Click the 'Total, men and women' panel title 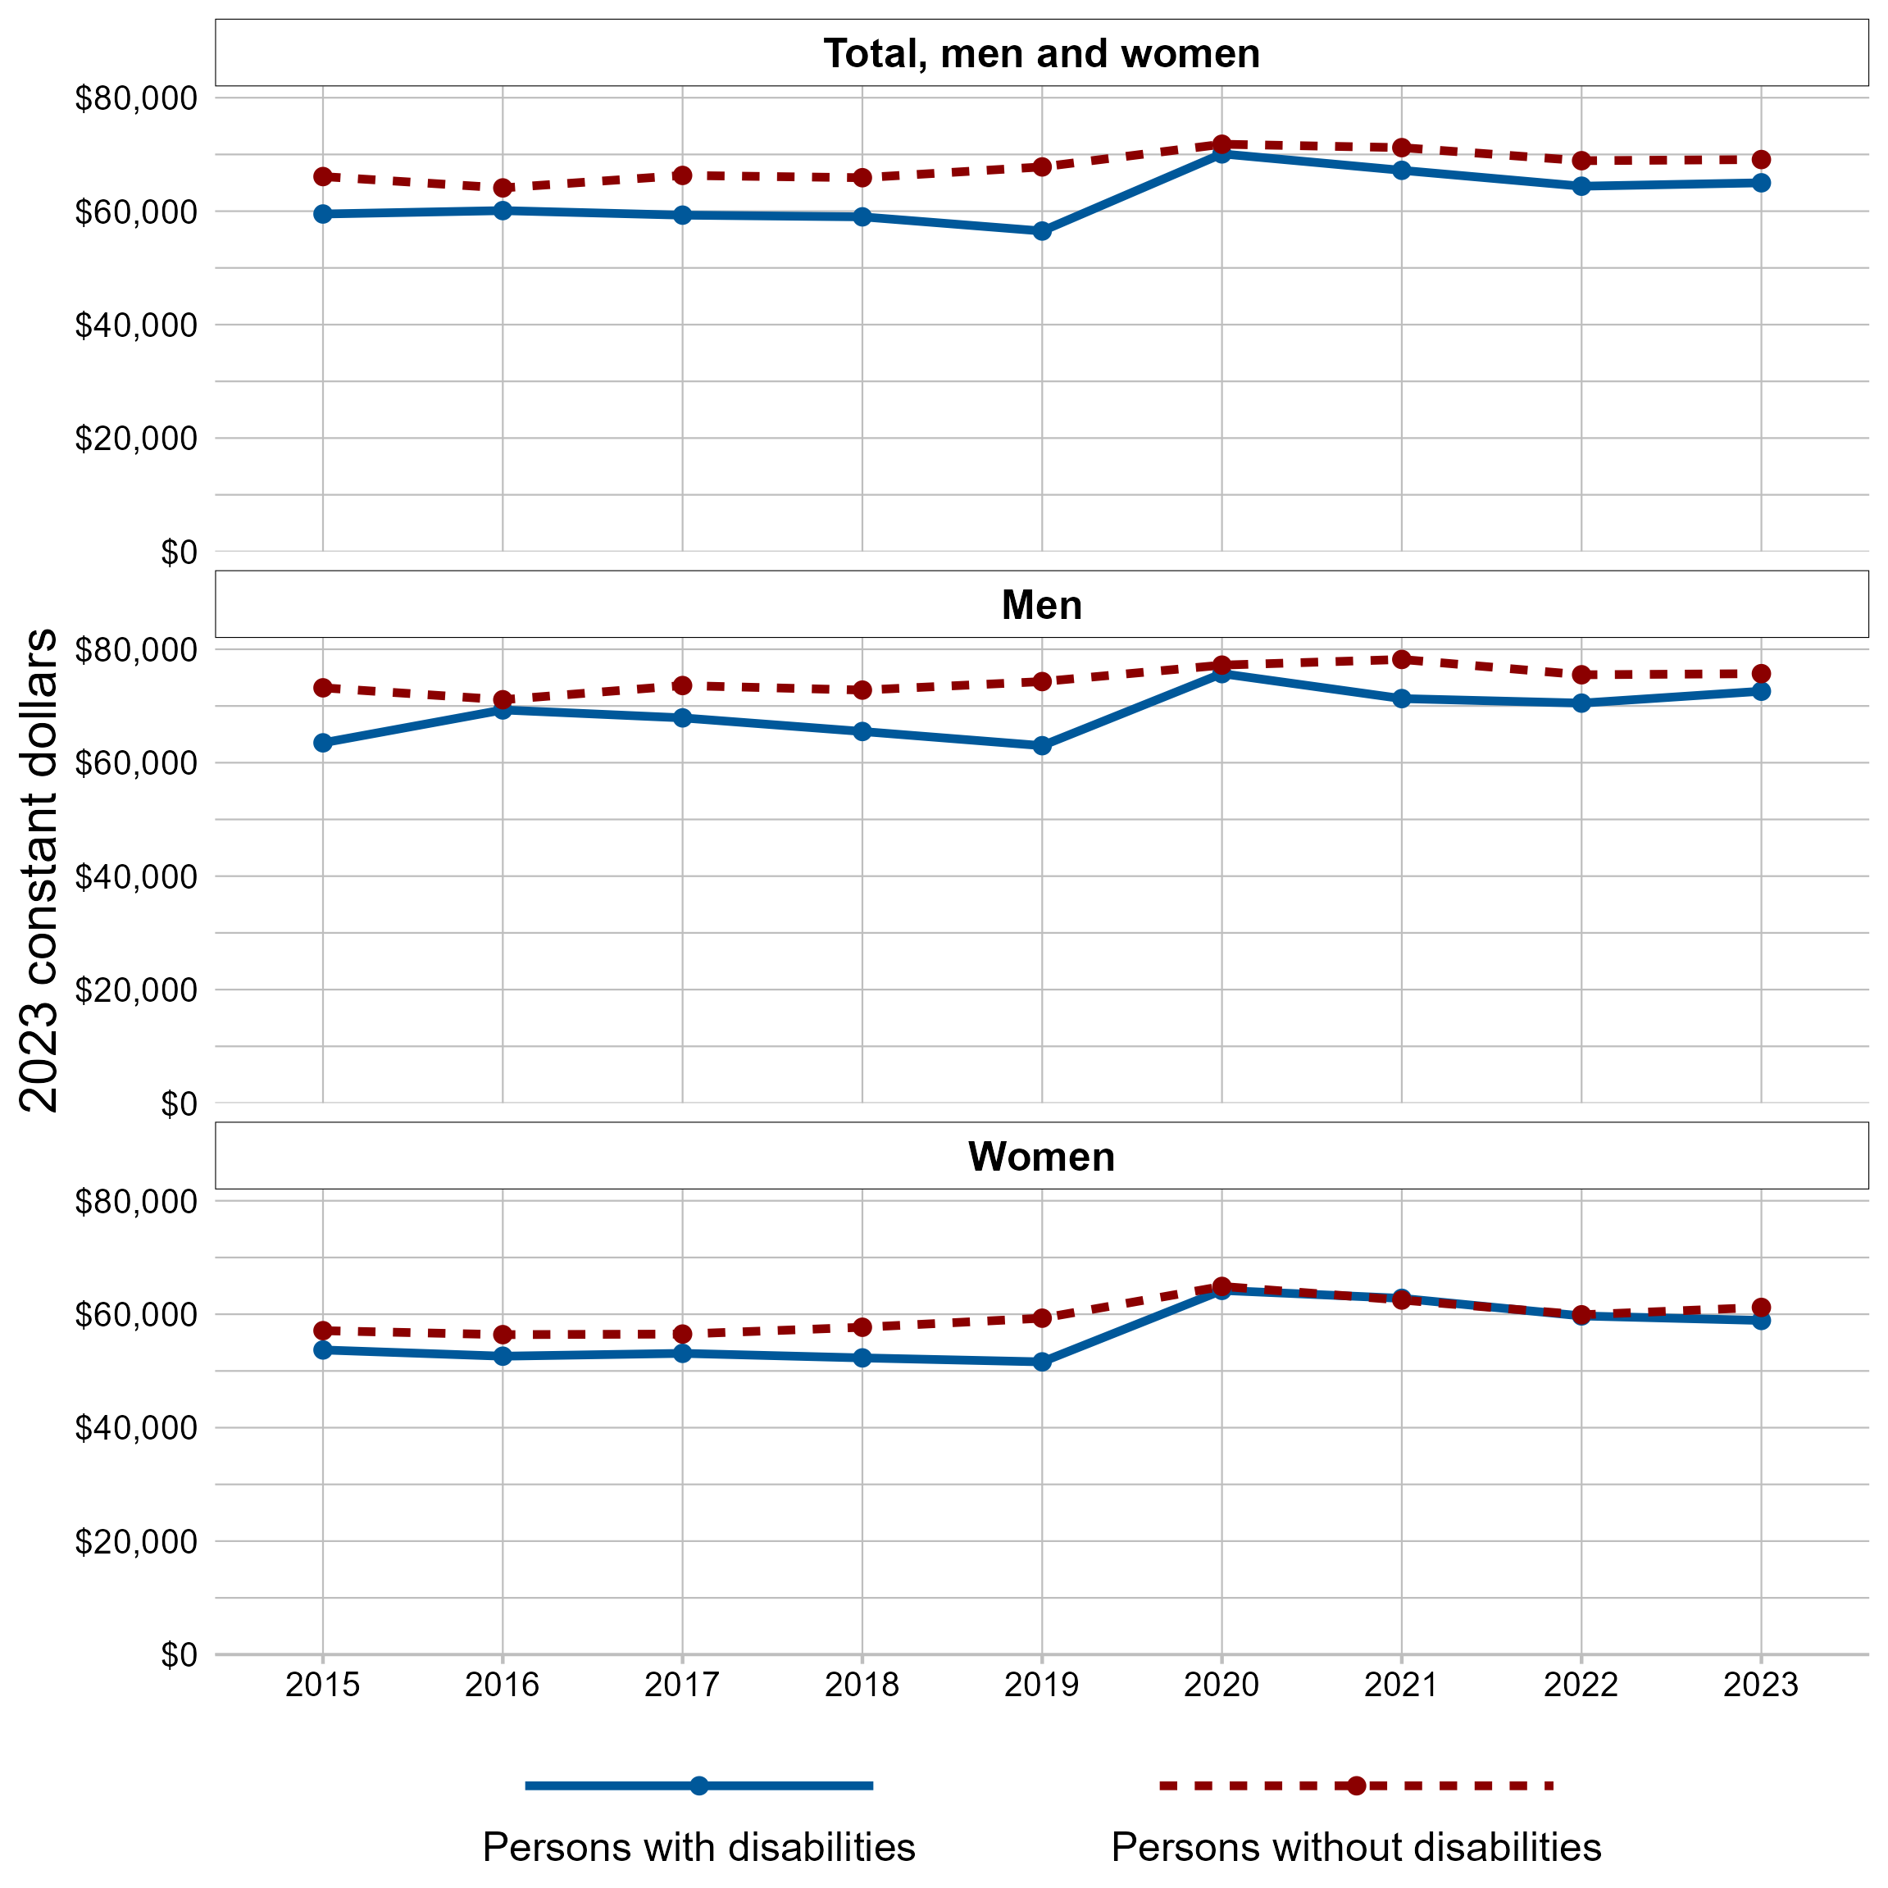(1041, 54)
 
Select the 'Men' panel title (1041, 605)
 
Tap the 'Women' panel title (1041, 1156)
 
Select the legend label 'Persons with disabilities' (698, 1847)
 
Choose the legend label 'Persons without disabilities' (1357, 1847)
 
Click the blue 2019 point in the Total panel (1042, 230)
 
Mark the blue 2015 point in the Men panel (322, 743)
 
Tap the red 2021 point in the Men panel (1401, 660)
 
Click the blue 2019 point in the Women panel (1042, 1361)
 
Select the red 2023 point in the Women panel (1761, 1308)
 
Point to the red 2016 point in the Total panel (503, 188)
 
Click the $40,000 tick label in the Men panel (136, 876)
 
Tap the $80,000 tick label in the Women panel (136, 1201)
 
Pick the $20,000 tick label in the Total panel (136, 439)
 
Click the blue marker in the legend (698, 1786)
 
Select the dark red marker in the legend (1357, 1786)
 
